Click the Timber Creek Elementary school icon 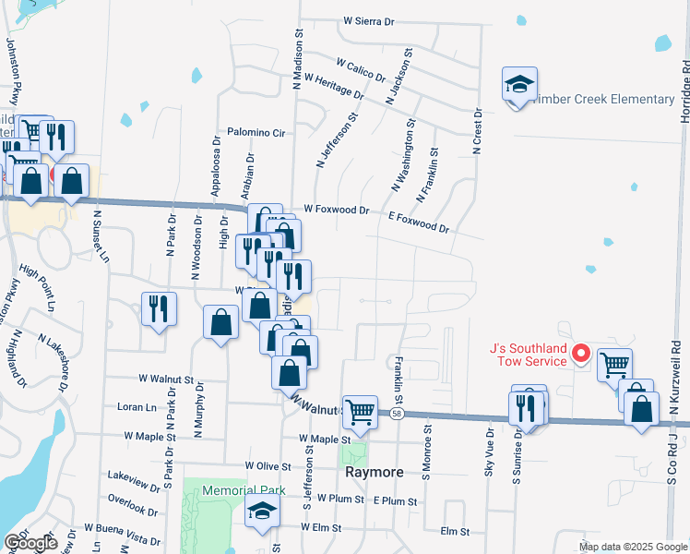tap(519, 84)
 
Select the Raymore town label tap(375, 472)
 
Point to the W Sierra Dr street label tap(369, 20)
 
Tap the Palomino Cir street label tap(256, 133)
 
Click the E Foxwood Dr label tap(419, 223)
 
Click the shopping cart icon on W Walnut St tap(360, 412)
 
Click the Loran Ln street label tap(138, 406)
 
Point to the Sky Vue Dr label tap(490, 448)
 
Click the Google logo tap(30, 543)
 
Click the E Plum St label tap(396, 500)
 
